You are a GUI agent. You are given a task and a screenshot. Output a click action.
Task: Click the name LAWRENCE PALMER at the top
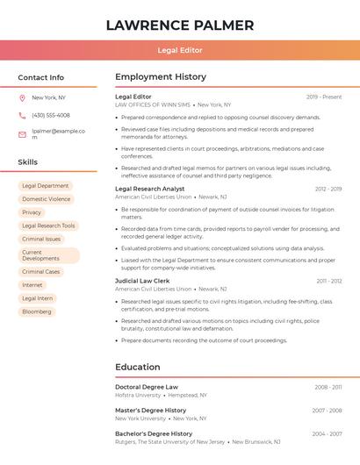(x=179, y=25)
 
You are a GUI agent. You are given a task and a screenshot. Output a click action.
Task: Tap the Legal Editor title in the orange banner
(x=179, y=51)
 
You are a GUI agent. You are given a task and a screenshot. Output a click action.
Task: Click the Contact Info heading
(x=40, y=77)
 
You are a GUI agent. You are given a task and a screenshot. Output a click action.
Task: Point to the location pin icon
(x=22, y=97)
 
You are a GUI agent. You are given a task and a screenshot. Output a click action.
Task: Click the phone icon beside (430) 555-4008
(x=22, y=115)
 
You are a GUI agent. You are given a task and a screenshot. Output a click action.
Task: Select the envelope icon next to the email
(x=22, y=134)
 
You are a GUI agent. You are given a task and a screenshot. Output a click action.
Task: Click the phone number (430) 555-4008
(x=50, y=115)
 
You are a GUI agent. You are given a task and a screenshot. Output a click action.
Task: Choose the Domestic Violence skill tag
(x=47, y=199)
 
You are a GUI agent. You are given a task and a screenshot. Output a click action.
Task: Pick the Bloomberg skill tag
(x=37, y=311)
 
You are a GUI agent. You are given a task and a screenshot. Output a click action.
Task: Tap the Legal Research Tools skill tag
(x=48, y=225)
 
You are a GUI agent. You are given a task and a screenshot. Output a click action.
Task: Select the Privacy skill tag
(x=32, y=212)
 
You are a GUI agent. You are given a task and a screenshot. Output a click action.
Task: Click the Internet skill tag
(x=32, y=285)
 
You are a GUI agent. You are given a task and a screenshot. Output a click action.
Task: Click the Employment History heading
(x=161, y=77)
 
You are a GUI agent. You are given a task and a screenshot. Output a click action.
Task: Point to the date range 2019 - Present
(x=324, y=97)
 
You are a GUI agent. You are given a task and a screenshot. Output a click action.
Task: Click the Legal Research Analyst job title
(x=150, y=189)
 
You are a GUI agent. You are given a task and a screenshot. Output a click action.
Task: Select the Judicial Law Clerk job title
(x=140, y=281)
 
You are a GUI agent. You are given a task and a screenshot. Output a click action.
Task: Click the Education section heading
(x=137, y=367)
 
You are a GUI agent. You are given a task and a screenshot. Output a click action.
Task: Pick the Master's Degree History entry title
(x=150, y=410)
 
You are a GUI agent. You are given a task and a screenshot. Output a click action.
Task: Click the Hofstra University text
(x=139, y=395)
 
